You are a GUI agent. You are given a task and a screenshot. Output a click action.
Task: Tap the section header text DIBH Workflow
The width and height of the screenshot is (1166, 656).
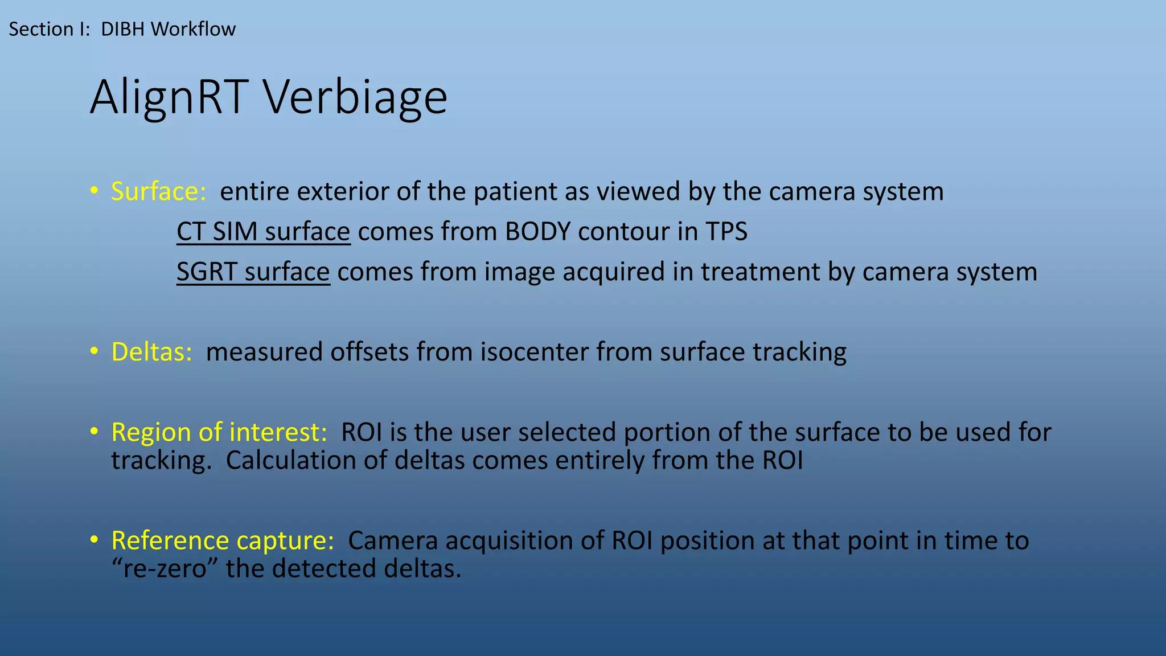(x=168, y=29)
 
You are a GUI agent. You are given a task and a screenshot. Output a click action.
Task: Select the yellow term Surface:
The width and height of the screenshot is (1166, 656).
(x=158, y=191)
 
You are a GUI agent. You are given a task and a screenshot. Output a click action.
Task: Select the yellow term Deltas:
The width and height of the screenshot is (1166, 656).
(x=151, y=352)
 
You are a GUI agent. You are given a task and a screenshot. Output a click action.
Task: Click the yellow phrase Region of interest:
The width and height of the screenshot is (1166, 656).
(x=219, y=432)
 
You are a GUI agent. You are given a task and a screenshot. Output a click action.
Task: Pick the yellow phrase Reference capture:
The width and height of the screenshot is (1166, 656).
(x=223, y=540)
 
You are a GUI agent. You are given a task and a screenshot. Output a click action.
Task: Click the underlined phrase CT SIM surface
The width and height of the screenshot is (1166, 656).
(x=263, y=232)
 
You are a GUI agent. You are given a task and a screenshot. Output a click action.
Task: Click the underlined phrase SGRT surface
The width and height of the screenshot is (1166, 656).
(x=253, y=272)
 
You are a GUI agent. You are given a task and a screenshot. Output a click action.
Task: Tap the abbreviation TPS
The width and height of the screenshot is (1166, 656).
(x=726, y=232)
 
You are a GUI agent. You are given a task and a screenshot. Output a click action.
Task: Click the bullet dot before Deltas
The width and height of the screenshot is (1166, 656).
(x=94, y=351)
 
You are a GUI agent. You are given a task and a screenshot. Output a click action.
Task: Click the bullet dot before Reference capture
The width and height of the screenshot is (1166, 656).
(x=94, y=540)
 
